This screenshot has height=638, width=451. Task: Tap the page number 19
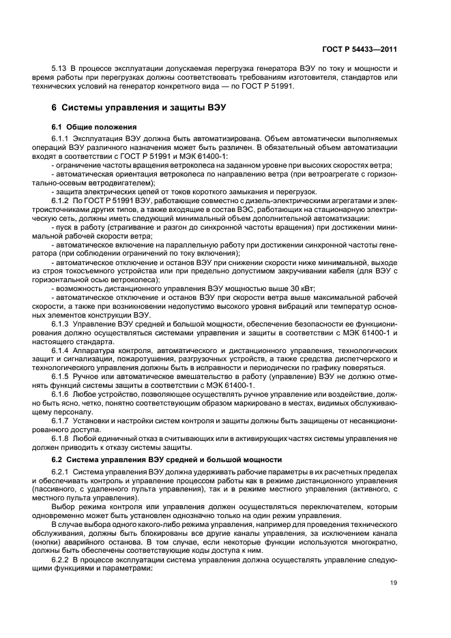click(394, 581)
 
